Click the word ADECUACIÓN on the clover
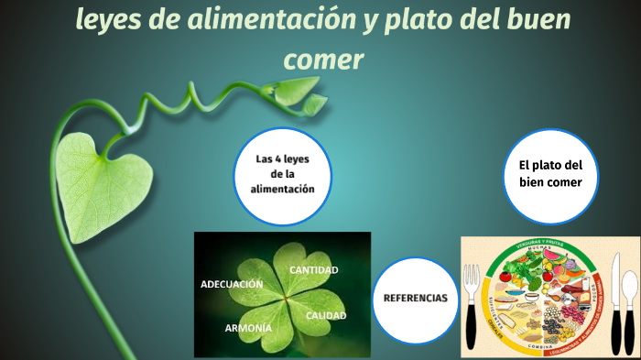pos(232,284)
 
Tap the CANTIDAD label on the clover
pos(314,270)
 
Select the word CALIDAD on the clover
pos(325,316)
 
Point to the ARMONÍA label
pos(248,328)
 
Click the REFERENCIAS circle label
pos(415,299)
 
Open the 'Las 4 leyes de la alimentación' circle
pos(281,174)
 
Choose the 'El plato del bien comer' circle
pos(549,174)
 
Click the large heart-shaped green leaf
pos(92,174)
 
